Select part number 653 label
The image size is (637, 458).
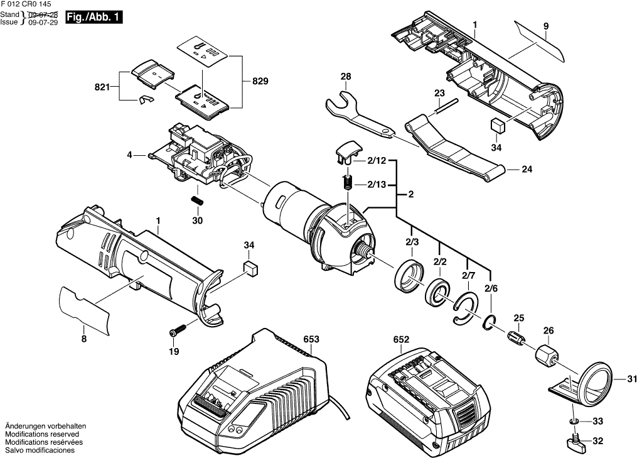pyautogui.click(x=311, y=339)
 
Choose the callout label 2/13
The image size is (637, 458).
pyautogui.click(x=376, y=185)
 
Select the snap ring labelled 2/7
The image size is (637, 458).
pyautogui.click(x=463, y=308)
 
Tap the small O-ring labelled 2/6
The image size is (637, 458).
pyautogui.click(x=490, y=323)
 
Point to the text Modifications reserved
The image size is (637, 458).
pyautogui.click(x=41, y=434)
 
